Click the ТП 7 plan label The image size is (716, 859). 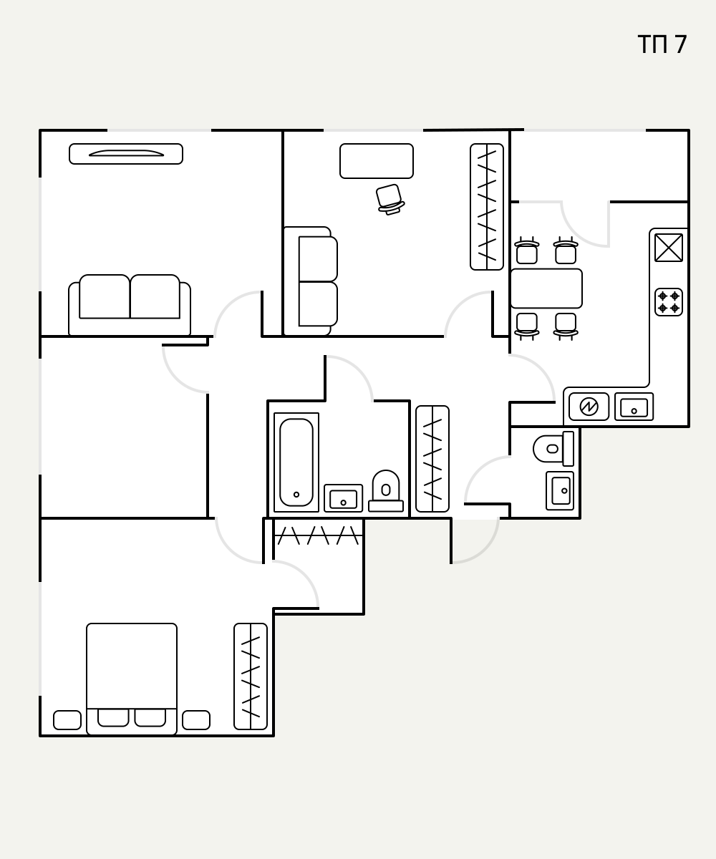click(662, 44)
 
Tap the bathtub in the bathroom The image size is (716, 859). click(296, 462)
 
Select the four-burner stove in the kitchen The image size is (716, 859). click(669, 302)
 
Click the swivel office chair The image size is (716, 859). click(390, 199)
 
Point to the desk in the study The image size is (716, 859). click(377, 161)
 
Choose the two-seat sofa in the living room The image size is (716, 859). click(130, 305)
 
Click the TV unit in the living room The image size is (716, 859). click(126, 154)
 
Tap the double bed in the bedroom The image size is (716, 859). click(132, 679)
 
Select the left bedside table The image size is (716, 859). click(67, 720)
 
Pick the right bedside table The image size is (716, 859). click(196, 720)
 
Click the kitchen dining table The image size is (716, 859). click(546, 288)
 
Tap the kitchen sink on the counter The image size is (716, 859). click(634, 407)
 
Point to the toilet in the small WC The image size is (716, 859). click(553, 448)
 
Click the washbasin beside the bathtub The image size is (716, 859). click(343, 498)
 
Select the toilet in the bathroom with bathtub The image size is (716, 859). click(386, 491)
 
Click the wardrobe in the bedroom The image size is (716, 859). click(251, 676)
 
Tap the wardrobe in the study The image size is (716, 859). click(487, 207)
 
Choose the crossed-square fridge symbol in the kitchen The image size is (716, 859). click(669, 248)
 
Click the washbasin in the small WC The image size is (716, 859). click(560, 491)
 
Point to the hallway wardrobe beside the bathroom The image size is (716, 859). click(432, 459)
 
